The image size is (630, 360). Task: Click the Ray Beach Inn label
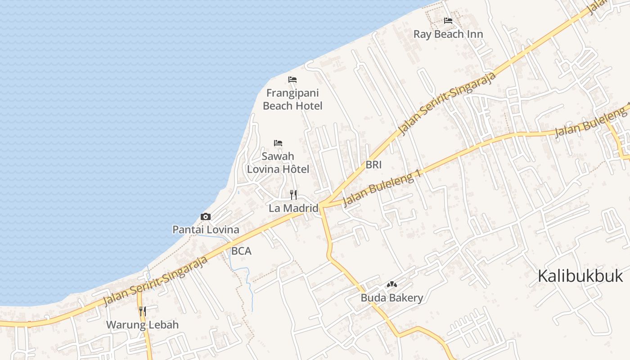click(448, 34)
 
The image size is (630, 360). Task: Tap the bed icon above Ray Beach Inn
click(448, 21)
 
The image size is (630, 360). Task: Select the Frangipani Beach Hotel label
click(292, 99)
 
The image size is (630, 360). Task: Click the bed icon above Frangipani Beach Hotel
click(292, 80)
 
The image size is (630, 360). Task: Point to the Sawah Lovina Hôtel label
click(278, 162)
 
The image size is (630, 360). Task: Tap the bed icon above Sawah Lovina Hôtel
click(278, 143)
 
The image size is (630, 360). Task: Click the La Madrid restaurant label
click(293, 208)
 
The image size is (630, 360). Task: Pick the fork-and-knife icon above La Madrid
click(293, 195)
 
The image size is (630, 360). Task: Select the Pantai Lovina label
click(206, 229)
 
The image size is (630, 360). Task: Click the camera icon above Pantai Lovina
click(206, 217)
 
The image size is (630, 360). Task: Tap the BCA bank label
click(241, 251)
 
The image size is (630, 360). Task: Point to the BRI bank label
click(373, 165)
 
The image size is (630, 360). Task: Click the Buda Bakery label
click(392, 297)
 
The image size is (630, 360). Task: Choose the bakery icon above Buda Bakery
click(392, 284)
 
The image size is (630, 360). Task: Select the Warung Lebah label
click(142, 324)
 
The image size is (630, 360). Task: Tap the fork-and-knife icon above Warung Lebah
click(142, 311)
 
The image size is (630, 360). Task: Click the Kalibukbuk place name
click(580, 276)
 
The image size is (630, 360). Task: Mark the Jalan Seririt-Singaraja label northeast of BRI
click(448, 103)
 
